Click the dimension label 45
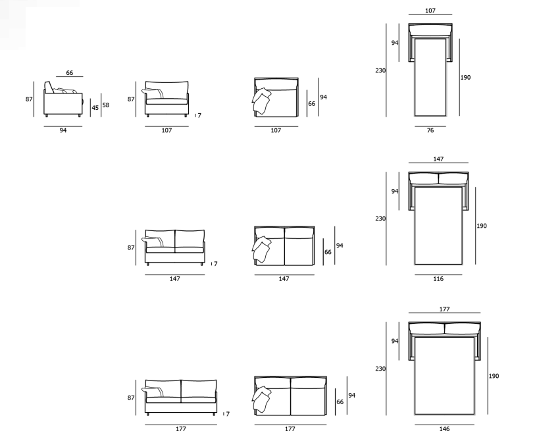pyautogui.click(x=95, y=107)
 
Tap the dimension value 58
pyautogui.click(x=105, y=105)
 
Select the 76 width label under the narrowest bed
pyautogui.click(x=430, y=130)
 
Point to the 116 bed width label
pyautogui.click(x=438, y=278)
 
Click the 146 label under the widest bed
pyautogui.click(x=444, y=429)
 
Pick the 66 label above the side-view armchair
pyautogui.click(x=70, y=72)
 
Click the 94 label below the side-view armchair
pyautogui.click(x=63, y=130)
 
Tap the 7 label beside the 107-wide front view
pyautogui.click(x=199, y=115)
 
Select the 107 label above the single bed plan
pyautogui.click(x=430, y=11)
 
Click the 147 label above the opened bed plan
pyautogui.click(x=438, y=159)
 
